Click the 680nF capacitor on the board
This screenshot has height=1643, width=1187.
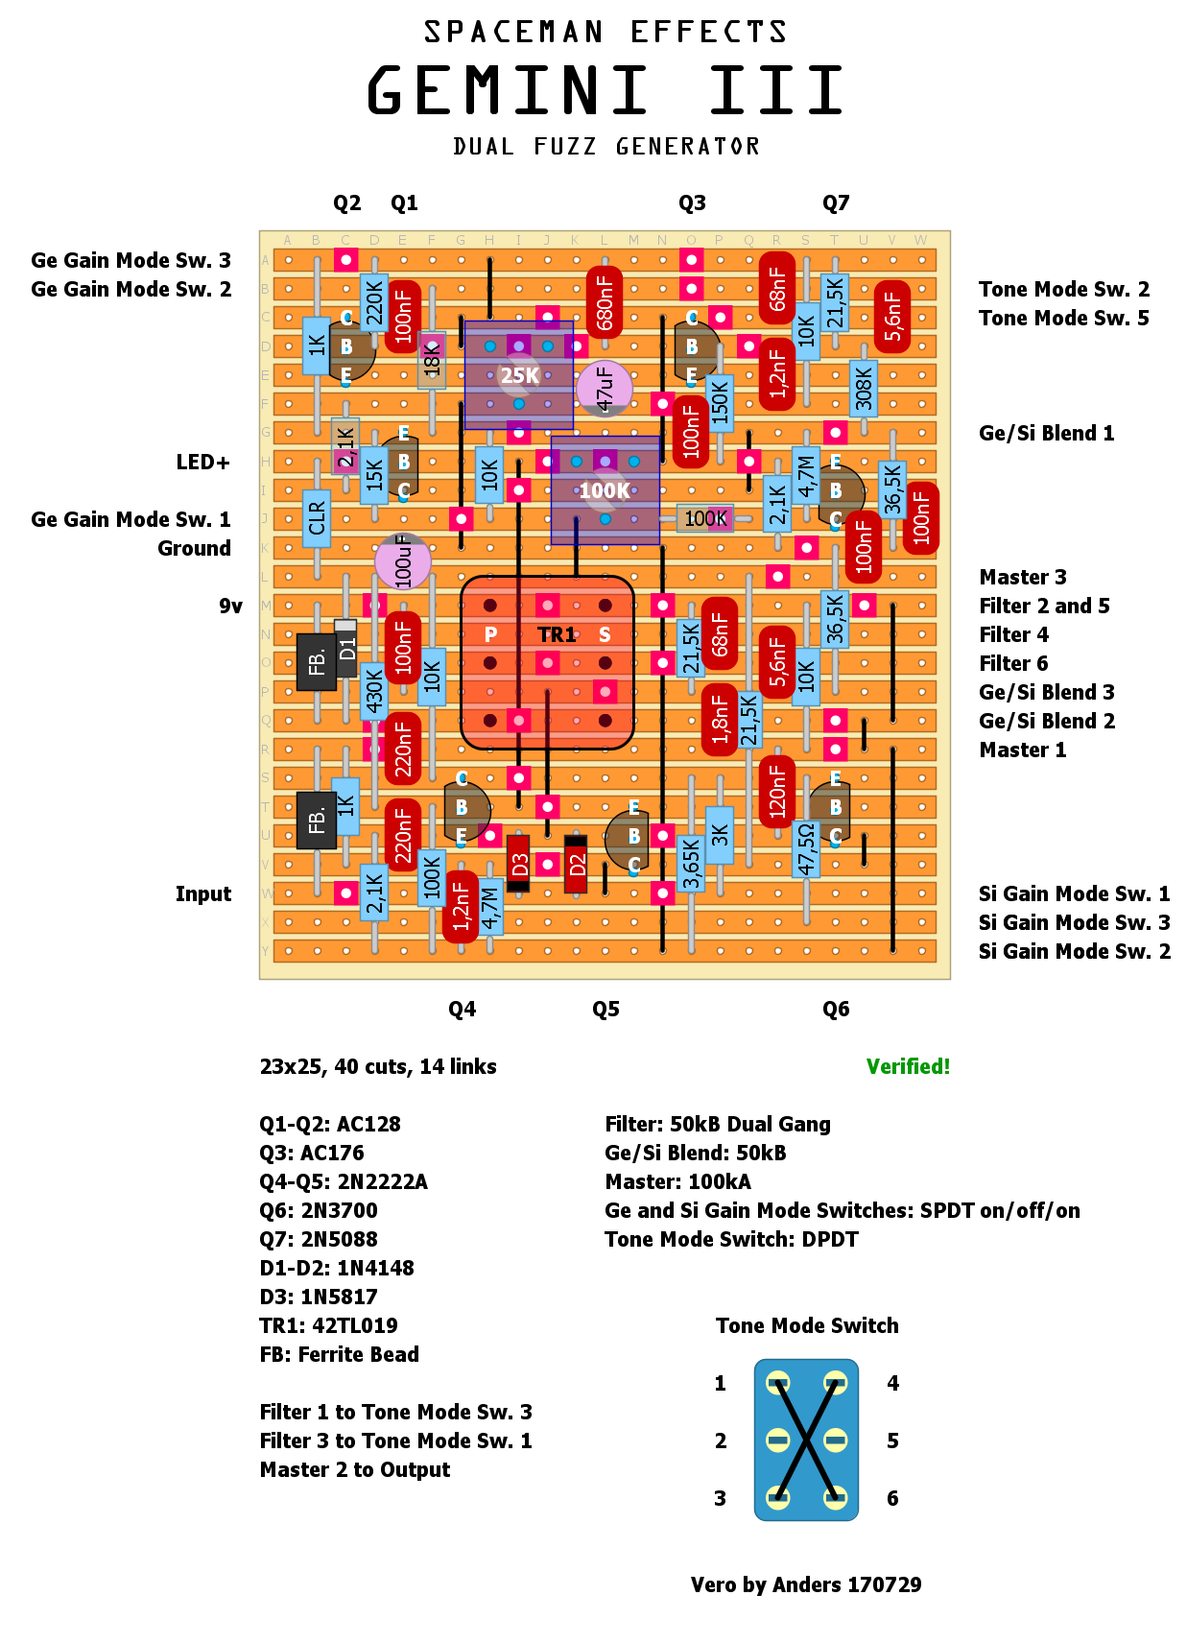(x=605, y=302)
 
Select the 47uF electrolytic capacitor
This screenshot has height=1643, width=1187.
(x=605, y=388)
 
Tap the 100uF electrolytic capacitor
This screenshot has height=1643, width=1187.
(x=403, y=561)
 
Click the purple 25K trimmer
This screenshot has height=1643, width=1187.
(x=519, y=375)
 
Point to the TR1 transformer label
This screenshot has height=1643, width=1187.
(x=557, y=634)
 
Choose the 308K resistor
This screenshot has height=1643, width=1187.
(x=864, y=389)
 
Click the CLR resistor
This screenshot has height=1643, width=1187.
(x=317, y=519)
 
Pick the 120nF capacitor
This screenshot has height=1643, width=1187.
(x=777, y=792)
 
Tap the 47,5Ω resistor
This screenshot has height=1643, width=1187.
(x=806, y=849)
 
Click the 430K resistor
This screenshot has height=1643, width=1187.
(x=374, y=692)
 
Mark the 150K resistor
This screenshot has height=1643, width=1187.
(x=720, y=402)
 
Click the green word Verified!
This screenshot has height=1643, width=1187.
(x=908, y=1066)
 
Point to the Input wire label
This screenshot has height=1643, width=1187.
(x=202, y=893)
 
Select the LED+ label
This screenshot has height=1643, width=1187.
(x=202, y=462)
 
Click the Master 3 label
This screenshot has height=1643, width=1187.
(x=1023, y=577)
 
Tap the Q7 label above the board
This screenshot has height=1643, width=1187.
(x=836, y=202)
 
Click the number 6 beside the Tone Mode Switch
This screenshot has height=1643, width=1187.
(x=892, y=1498)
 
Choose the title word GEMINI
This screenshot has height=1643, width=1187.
(x=508, y=90)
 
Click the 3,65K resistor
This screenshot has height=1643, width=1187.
(x=691, y=864)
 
